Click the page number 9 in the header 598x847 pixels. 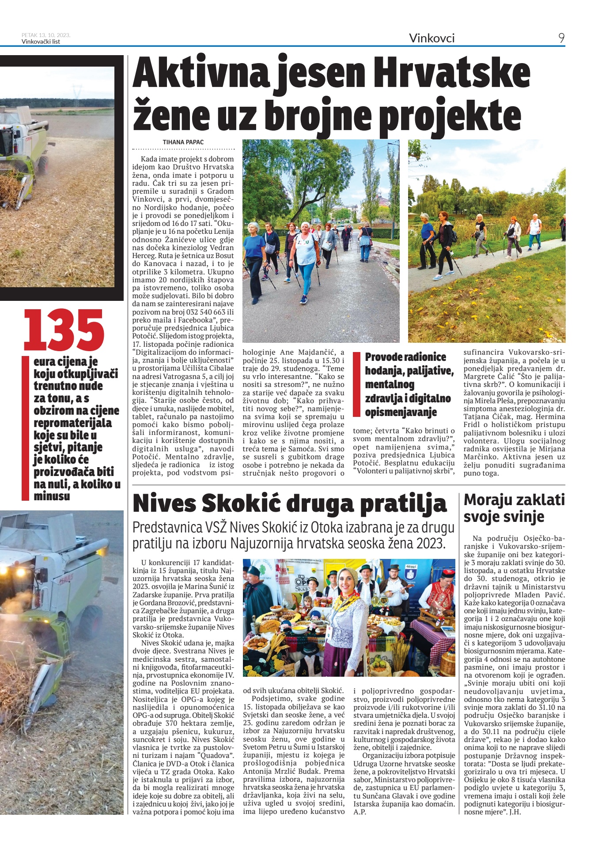tap(561, 38)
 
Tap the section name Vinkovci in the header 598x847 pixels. tap(431, 38)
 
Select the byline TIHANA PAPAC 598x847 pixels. tap(183, 142)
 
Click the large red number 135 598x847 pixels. tap(64, 331)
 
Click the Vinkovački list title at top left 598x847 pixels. tap(41, 42)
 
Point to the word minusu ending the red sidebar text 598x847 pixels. tap(52, 496)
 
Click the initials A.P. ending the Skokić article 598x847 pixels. tap(360, 812)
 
